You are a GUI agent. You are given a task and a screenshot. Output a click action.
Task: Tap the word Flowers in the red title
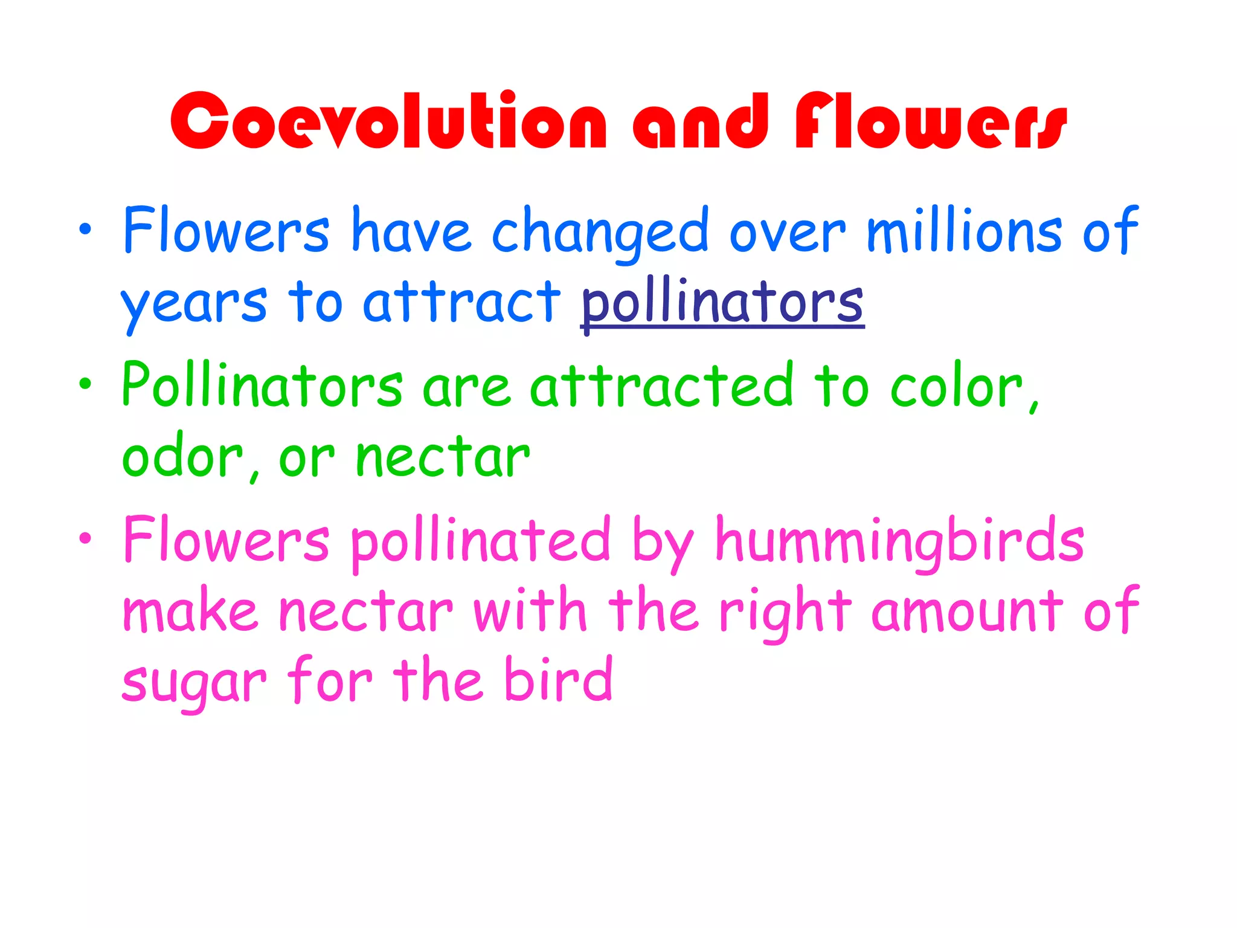pos(930,121)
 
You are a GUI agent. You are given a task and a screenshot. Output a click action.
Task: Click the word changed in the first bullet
pos(600,233)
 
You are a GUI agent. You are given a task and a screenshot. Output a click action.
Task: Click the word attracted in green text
pos(661,385)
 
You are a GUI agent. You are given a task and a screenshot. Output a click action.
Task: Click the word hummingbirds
pos(899,540)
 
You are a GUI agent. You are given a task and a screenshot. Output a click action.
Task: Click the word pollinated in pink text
pos(481,540)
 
